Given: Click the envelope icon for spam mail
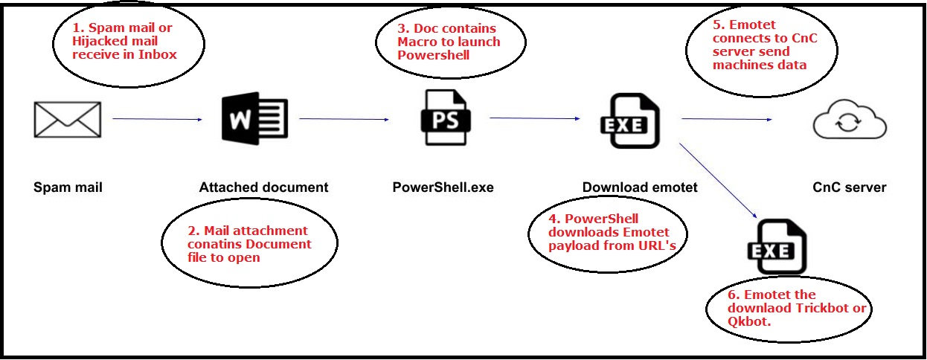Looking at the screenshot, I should tap(68, 119).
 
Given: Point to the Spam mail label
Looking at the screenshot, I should tap(68, 187).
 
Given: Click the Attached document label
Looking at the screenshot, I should tap(263, 187).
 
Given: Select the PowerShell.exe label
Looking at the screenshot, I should tap(443, 187).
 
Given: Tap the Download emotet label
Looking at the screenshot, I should tap(641, 187).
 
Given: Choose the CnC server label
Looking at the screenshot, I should tap(849, 187).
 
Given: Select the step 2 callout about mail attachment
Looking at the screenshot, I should tap(249, 244).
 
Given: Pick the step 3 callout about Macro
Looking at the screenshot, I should tap(449, 42).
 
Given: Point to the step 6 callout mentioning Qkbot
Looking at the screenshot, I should tap(789, 308).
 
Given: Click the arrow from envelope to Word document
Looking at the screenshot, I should tap(157, 119).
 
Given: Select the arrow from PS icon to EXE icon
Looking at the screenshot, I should tap(534, 118).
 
